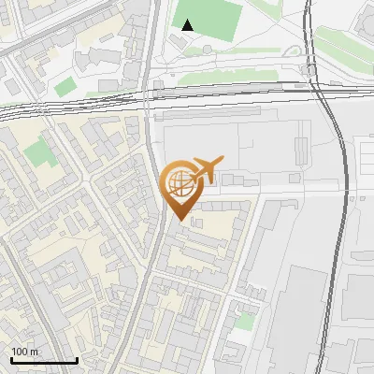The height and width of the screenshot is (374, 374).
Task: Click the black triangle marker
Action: (189, 25)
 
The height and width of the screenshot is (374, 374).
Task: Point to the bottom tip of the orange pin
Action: (179, 222)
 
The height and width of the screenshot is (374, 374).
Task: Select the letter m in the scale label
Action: (35, 352)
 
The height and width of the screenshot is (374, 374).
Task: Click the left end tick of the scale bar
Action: (11, 359)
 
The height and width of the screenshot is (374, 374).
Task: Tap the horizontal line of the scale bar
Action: (44, 361)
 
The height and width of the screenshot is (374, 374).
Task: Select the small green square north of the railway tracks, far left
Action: (65, 87)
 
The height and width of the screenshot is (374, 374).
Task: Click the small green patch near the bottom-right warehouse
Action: (244, 321)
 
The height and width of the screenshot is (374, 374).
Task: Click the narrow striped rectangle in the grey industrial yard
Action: (300, 149)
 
